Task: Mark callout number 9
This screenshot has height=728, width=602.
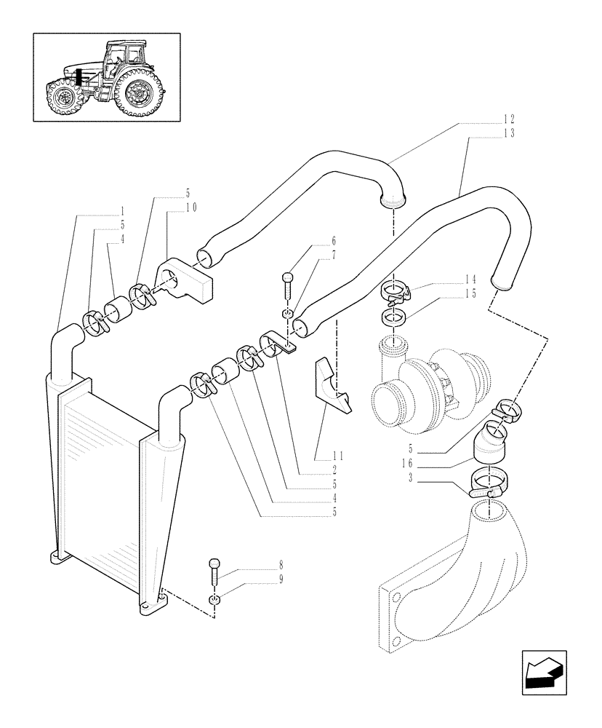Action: [238, 579]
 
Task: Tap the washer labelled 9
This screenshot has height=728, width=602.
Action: [214, 599]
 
